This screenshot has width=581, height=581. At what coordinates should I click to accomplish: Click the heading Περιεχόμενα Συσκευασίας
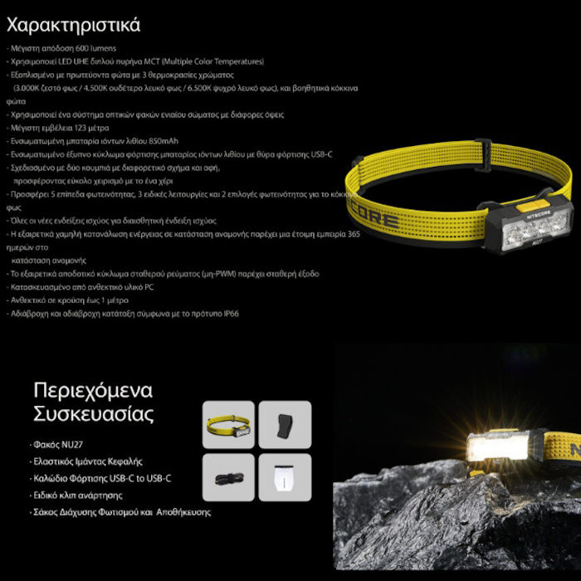click(x=93, y=402)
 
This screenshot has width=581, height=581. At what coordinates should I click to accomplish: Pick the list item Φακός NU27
click(x=59, y=444)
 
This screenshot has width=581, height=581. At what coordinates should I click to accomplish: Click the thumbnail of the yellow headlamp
click(x=228, y=425)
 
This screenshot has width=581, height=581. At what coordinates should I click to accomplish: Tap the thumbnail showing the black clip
click(x=285, y=425)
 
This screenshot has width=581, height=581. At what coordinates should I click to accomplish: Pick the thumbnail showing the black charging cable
click(x=228, y=479)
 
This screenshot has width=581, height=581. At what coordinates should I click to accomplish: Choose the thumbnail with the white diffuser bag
click(x=285, y=480)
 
